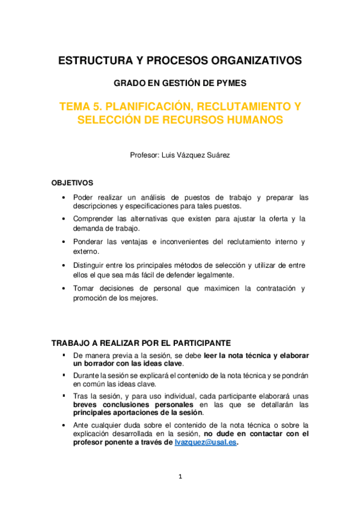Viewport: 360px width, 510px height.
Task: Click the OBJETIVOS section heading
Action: point(72,182)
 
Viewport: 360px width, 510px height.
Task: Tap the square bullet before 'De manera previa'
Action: point(64,355)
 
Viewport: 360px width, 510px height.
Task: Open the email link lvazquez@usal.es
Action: point(206,442)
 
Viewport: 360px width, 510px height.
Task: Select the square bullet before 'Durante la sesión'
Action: point(64,374)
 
